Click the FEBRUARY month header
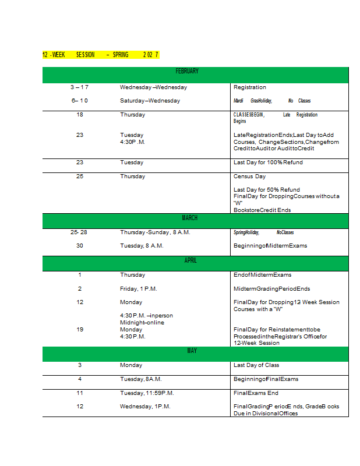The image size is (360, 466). point(187,71)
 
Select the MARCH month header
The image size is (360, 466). point(189,218)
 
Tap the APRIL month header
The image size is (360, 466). point(190,260)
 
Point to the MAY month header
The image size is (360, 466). point(192,351)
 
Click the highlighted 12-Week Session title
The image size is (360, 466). point(100,55)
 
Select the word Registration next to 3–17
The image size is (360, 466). point(249,87)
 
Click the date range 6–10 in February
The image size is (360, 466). point(80,101)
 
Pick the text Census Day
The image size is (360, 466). point(249,176)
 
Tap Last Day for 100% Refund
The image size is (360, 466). point(268,163)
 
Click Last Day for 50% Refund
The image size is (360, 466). point(267,189)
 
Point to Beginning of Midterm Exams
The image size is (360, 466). point(270,246)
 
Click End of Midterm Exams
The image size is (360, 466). point(262,275)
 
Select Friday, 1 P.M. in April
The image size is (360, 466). point(139,289)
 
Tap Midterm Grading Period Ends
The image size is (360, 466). point(271,289)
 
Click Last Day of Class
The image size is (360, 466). point(256,365)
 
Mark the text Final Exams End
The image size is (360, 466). point(256,393)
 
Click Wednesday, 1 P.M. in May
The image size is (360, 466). point(145,407)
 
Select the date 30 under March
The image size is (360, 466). point(80,246)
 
